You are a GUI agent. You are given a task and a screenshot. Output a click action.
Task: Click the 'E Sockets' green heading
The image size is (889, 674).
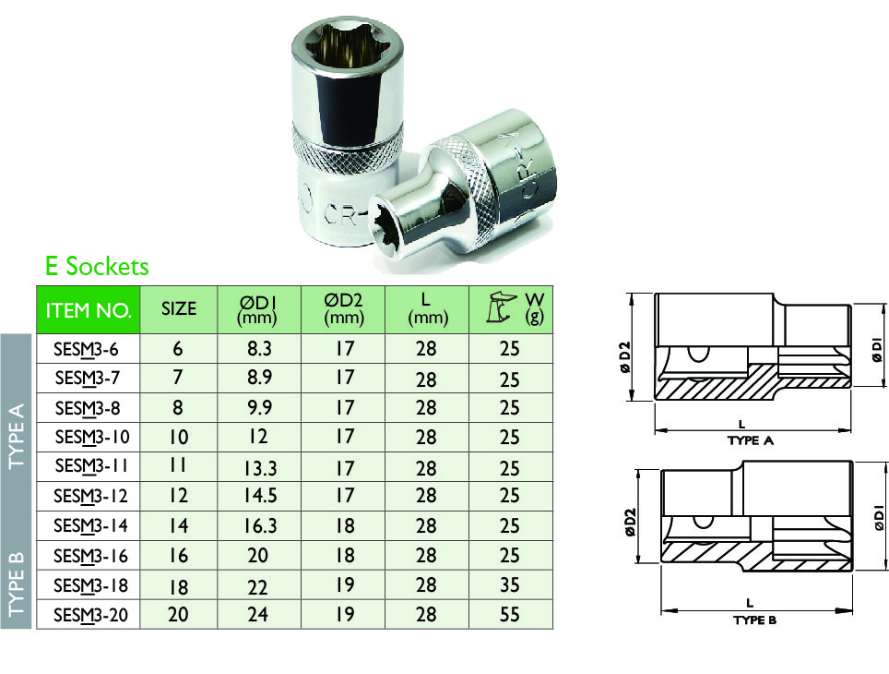click(x=97, y=267)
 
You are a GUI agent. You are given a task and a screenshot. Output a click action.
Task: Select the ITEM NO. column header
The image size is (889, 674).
click(x=88, y=309)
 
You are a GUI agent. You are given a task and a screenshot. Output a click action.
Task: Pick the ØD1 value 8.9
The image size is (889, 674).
click(x=257, y=379)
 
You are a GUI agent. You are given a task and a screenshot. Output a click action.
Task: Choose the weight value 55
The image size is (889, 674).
click(x=509, y=614)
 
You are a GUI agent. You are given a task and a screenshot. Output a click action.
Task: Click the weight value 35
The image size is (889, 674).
click(x=509, y=585)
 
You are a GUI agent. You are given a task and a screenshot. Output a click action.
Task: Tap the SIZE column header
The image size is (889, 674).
click(x=178, y=309)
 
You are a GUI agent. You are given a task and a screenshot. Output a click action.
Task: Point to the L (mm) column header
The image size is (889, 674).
click(x=426, y=309)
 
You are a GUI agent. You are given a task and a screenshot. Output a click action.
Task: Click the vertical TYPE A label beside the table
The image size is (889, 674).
click(x=17, y=435)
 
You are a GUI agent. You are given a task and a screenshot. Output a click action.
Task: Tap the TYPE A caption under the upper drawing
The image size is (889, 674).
click(x=750, y=440)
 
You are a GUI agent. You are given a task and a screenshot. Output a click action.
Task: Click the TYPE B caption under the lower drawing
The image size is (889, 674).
click(x=754, y=620)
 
